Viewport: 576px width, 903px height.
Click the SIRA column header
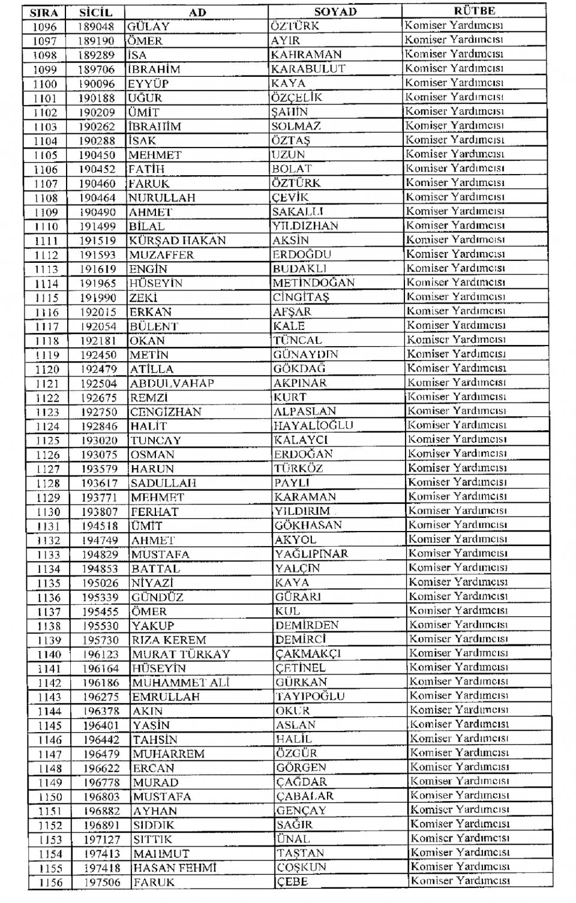pyautogui.click(x=44, y=13)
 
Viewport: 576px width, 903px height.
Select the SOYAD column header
pyautogui.click(x=335, y=12)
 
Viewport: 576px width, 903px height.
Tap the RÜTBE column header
pyautogui.click(x=475, y=11)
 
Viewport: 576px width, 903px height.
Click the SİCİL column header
pyautogui.click(x=95, y=13)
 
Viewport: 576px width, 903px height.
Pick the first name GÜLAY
pyautogui.click(x=148, y=26)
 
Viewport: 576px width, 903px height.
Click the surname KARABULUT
pyautogui.click(x=308, y=69)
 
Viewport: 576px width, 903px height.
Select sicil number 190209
pyautogui.click(x=97, y=112)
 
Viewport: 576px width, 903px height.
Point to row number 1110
pyautogui.click(x=46, y=226)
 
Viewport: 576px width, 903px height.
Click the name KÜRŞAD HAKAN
pyautogui.click(x=178, y=241)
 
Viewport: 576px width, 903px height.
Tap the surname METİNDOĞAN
pyautogui.click(x=313, y=283)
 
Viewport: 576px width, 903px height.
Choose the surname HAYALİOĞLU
pyautogui.click(x=313, y=425)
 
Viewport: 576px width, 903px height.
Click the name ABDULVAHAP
pyautogui.click(x=172, y=383)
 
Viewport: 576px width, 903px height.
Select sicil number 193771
pyautogui.click(x=100, y=497)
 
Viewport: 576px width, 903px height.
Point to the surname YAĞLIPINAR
pyautogui.click(x=311, y=554)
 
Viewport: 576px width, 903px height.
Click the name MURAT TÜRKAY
pyautogui.click(x=181, y=655)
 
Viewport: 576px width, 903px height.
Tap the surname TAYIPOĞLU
pyautogui.click(x=310, y=697)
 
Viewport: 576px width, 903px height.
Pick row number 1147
pyautogui.click(x=50, y=754)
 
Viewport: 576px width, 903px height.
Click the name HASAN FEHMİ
pyautogui.click(x=175, y=868)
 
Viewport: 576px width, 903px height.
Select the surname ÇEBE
pyautogui.click(x=292, y=882)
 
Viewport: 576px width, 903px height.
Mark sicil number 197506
pyautogui.click(x=102, y=883)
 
